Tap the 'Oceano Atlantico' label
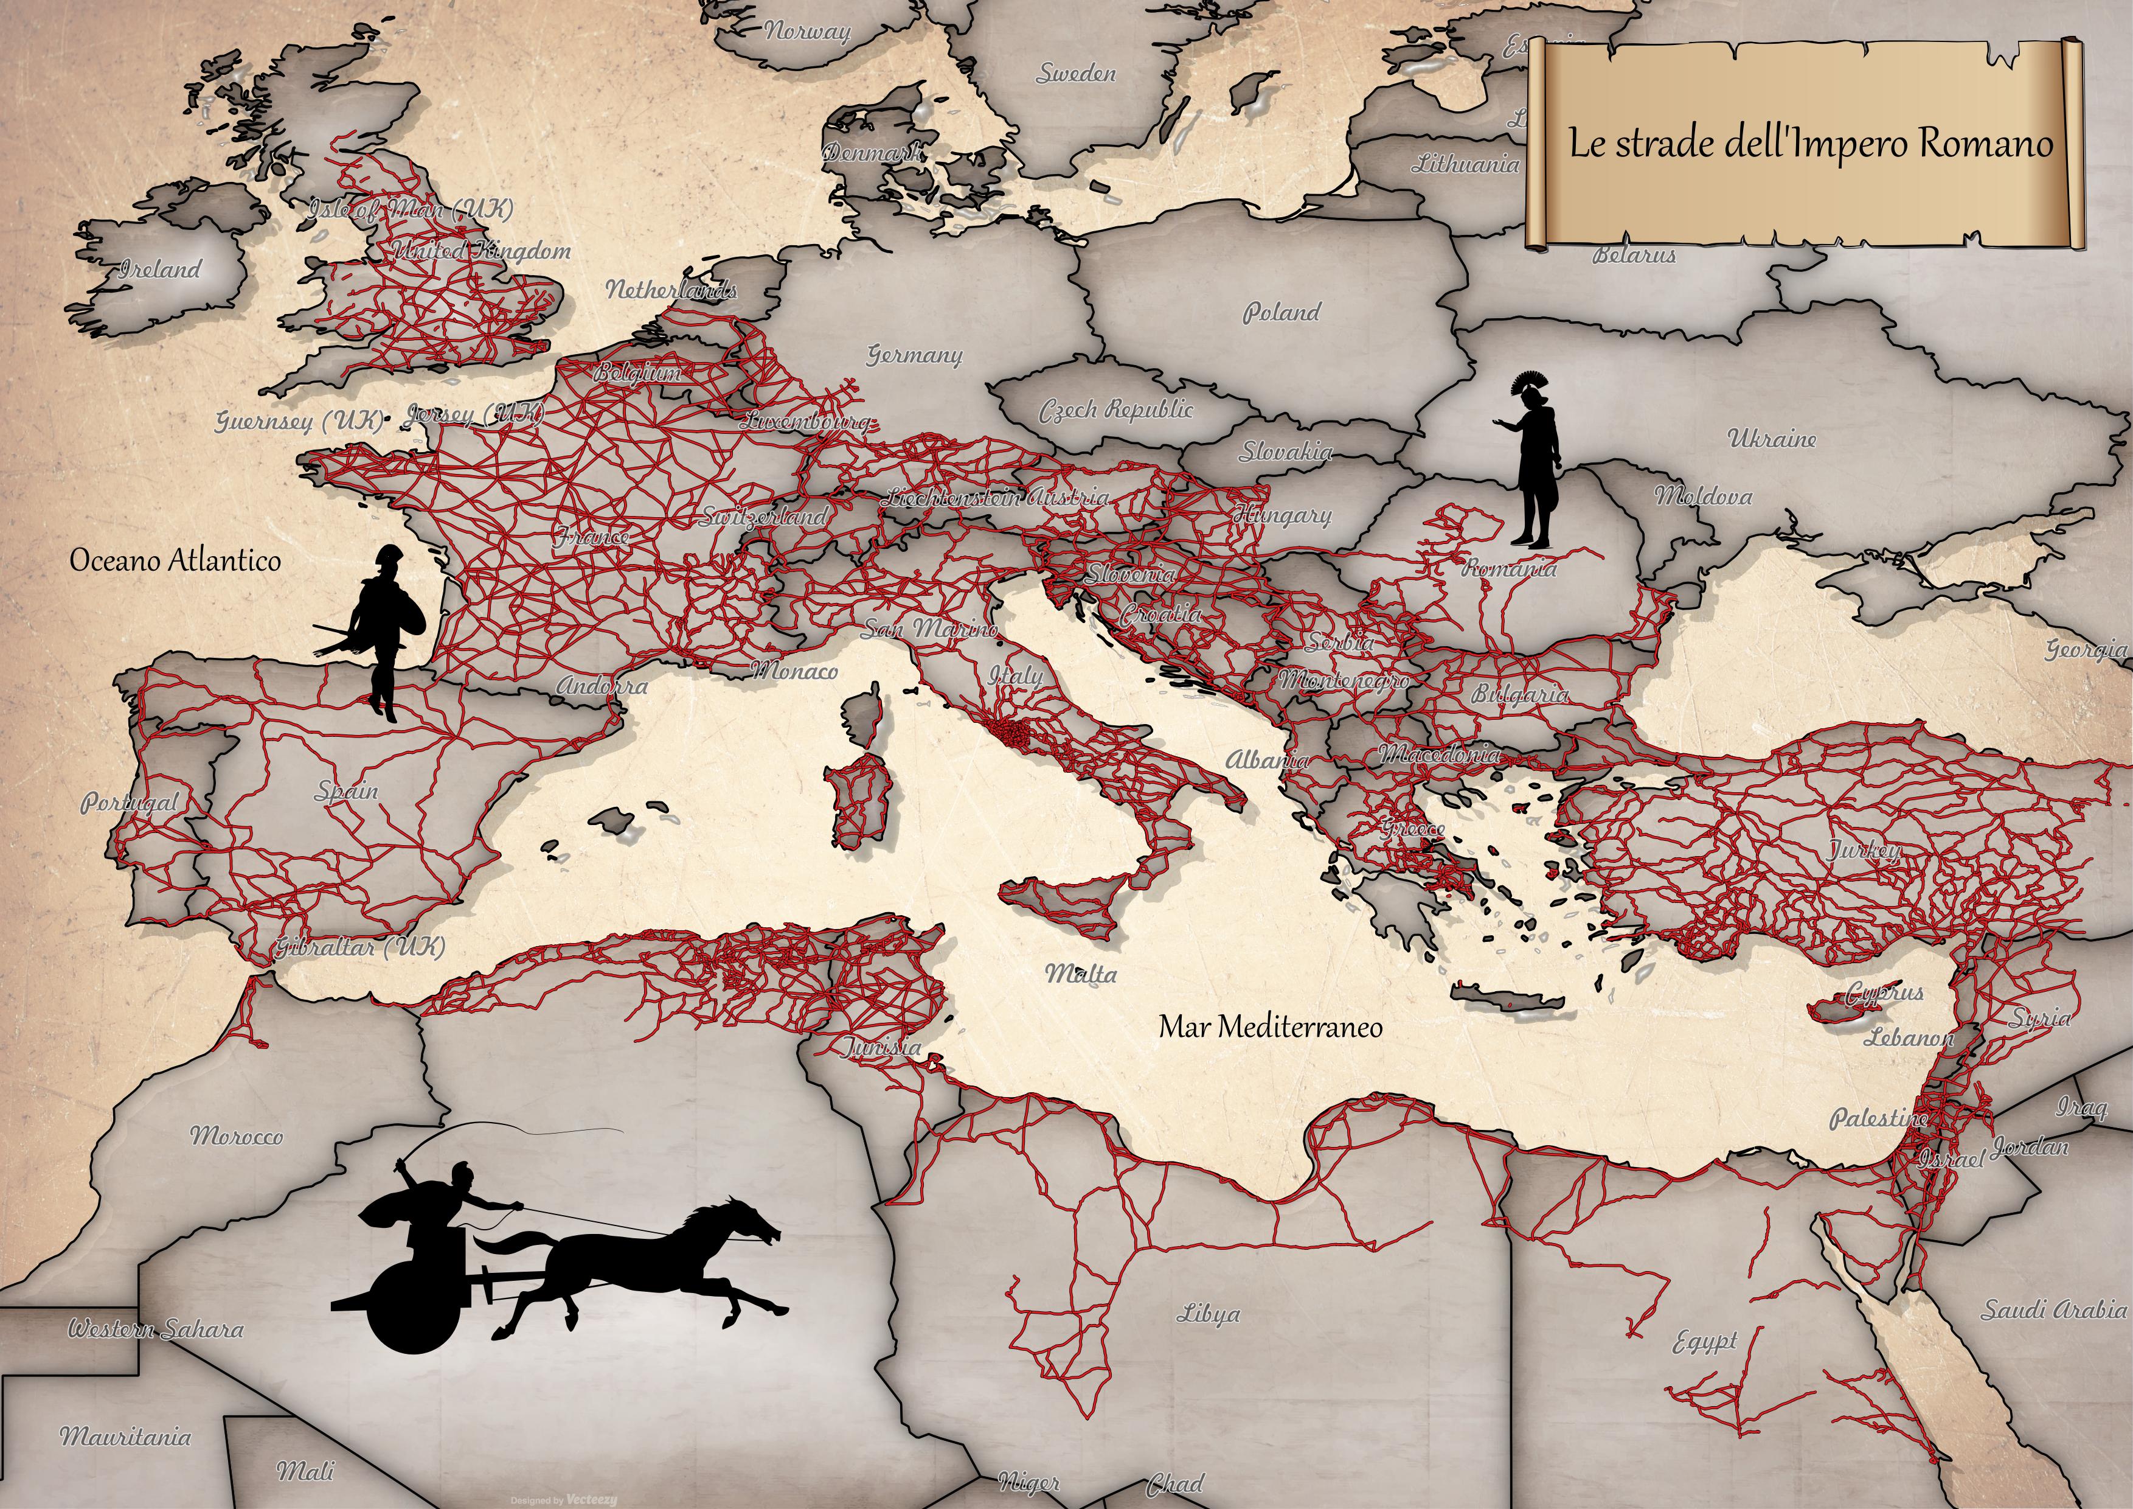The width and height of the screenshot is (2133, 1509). point(175,560)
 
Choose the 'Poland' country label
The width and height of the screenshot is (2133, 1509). point(1281,312)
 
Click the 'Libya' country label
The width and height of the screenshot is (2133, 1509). point(1208,1314)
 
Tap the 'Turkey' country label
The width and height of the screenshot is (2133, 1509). point(1864,849)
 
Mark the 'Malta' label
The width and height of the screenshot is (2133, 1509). point(1080,974)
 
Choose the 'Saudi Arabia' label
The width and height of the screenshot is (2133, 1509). point(2053,1310)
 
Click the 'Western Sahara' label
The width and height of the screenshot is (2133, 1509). point(155,1329)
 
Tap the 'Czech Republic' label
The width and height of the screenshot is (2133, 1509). point(1115,409)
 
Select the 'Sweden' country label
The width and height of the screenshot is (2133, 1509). point(1076,74)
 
